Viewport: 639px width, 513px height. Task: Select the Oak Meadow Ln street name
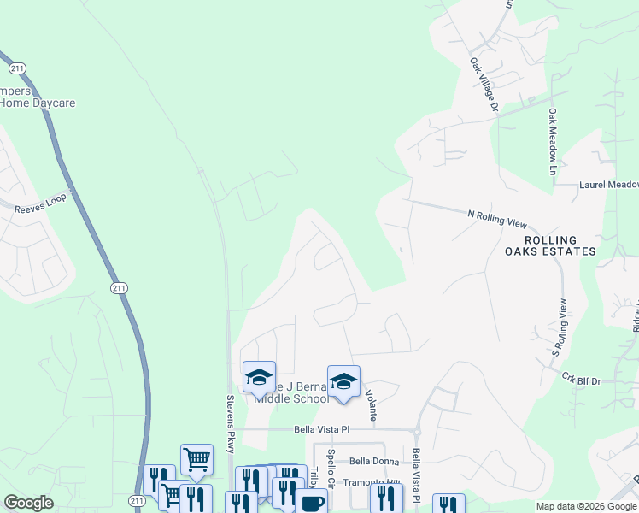point(553,142)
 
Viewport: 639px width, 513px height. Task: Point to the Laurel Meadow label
point(608,185)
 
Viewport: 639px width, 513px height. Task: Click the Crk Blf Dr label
point(583,376)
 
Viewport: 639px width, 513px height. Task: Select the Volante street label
point(372,404)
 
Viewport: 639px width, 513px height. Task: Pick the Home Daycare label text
point(38,103)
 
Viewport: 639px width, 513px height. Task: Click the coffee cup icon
point(311,503)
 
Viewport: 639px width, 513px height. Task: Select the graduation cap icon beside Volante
point(343,381)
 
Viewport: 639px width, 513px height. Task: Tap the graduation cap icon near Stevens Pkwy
point(259,376)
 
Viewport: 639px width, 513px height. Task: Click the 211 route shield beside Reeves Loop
point(119,289)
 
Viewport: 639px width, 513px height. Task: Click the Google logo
point(28,503)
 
